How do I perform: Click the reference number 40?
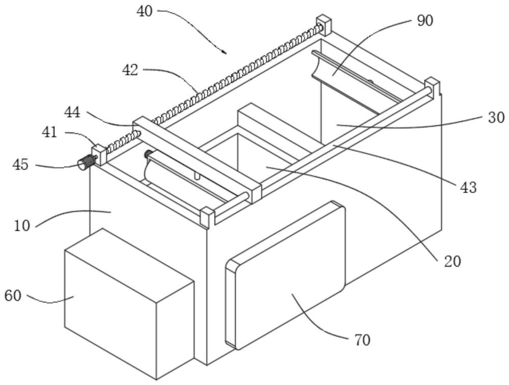[145, 11]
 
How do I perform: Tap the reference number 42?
[131, 70]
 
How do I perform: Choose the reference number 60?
[14, 295]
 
